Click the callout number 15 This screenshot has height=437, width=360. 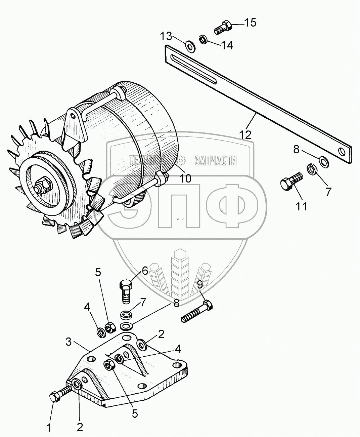tap(250, 23)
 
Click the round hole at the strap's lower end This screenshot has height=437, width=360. tap(342, 151)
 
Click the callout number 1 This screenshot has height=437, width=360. tap(49, 428)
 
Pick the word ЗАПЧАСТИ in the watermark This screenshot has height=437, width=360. tap(215, 161)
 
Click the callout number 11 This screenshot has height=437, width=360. tap(302, 206)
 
